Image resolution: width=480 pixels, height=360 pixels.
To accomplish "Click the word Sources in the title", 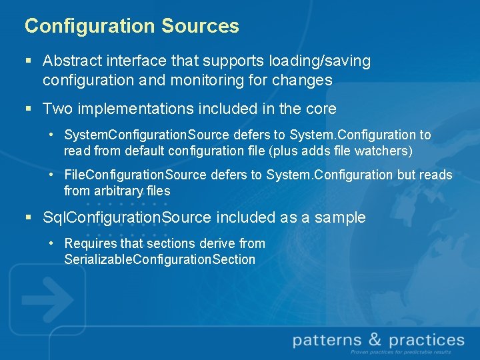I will [x=200, y=26].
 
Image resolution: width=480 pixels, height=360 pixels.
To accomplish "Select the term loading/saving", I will [x=322, y=61].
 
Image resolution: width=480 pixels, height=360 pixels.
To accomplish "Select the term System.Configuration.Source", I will [x=147, y=135].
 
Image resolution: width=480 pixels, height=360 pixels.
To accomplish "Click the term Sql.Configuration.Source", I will [x=127, y=217].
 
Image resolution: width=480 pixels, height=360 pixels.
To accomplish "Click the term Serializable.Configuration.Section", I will [x=159, y=259].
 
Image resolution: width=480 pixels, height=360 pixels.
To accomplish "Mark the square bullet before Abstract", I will [x=28, y=61].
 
